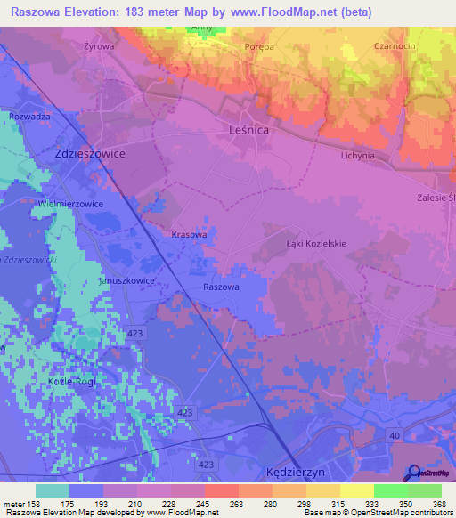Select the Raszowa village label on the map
[221, 287]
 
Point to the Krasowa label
[189, 235]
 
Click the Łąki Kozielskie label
[315, 243]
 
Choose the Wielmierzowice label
[70, 204]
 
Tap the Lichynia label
[357, 155]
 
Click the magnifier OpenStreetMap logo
[416, 474]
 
